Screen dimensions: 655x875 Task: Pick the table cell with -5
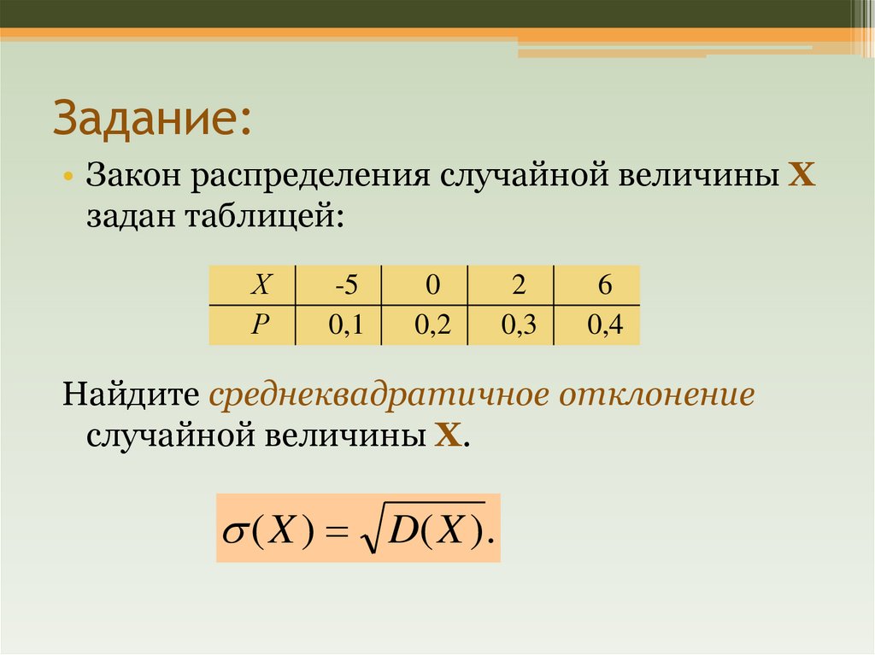coord(345,285)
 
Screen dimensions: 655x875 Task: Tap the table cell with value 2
coord(518,285)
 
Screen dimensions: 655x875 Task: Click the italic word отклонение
coord(657,396)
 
